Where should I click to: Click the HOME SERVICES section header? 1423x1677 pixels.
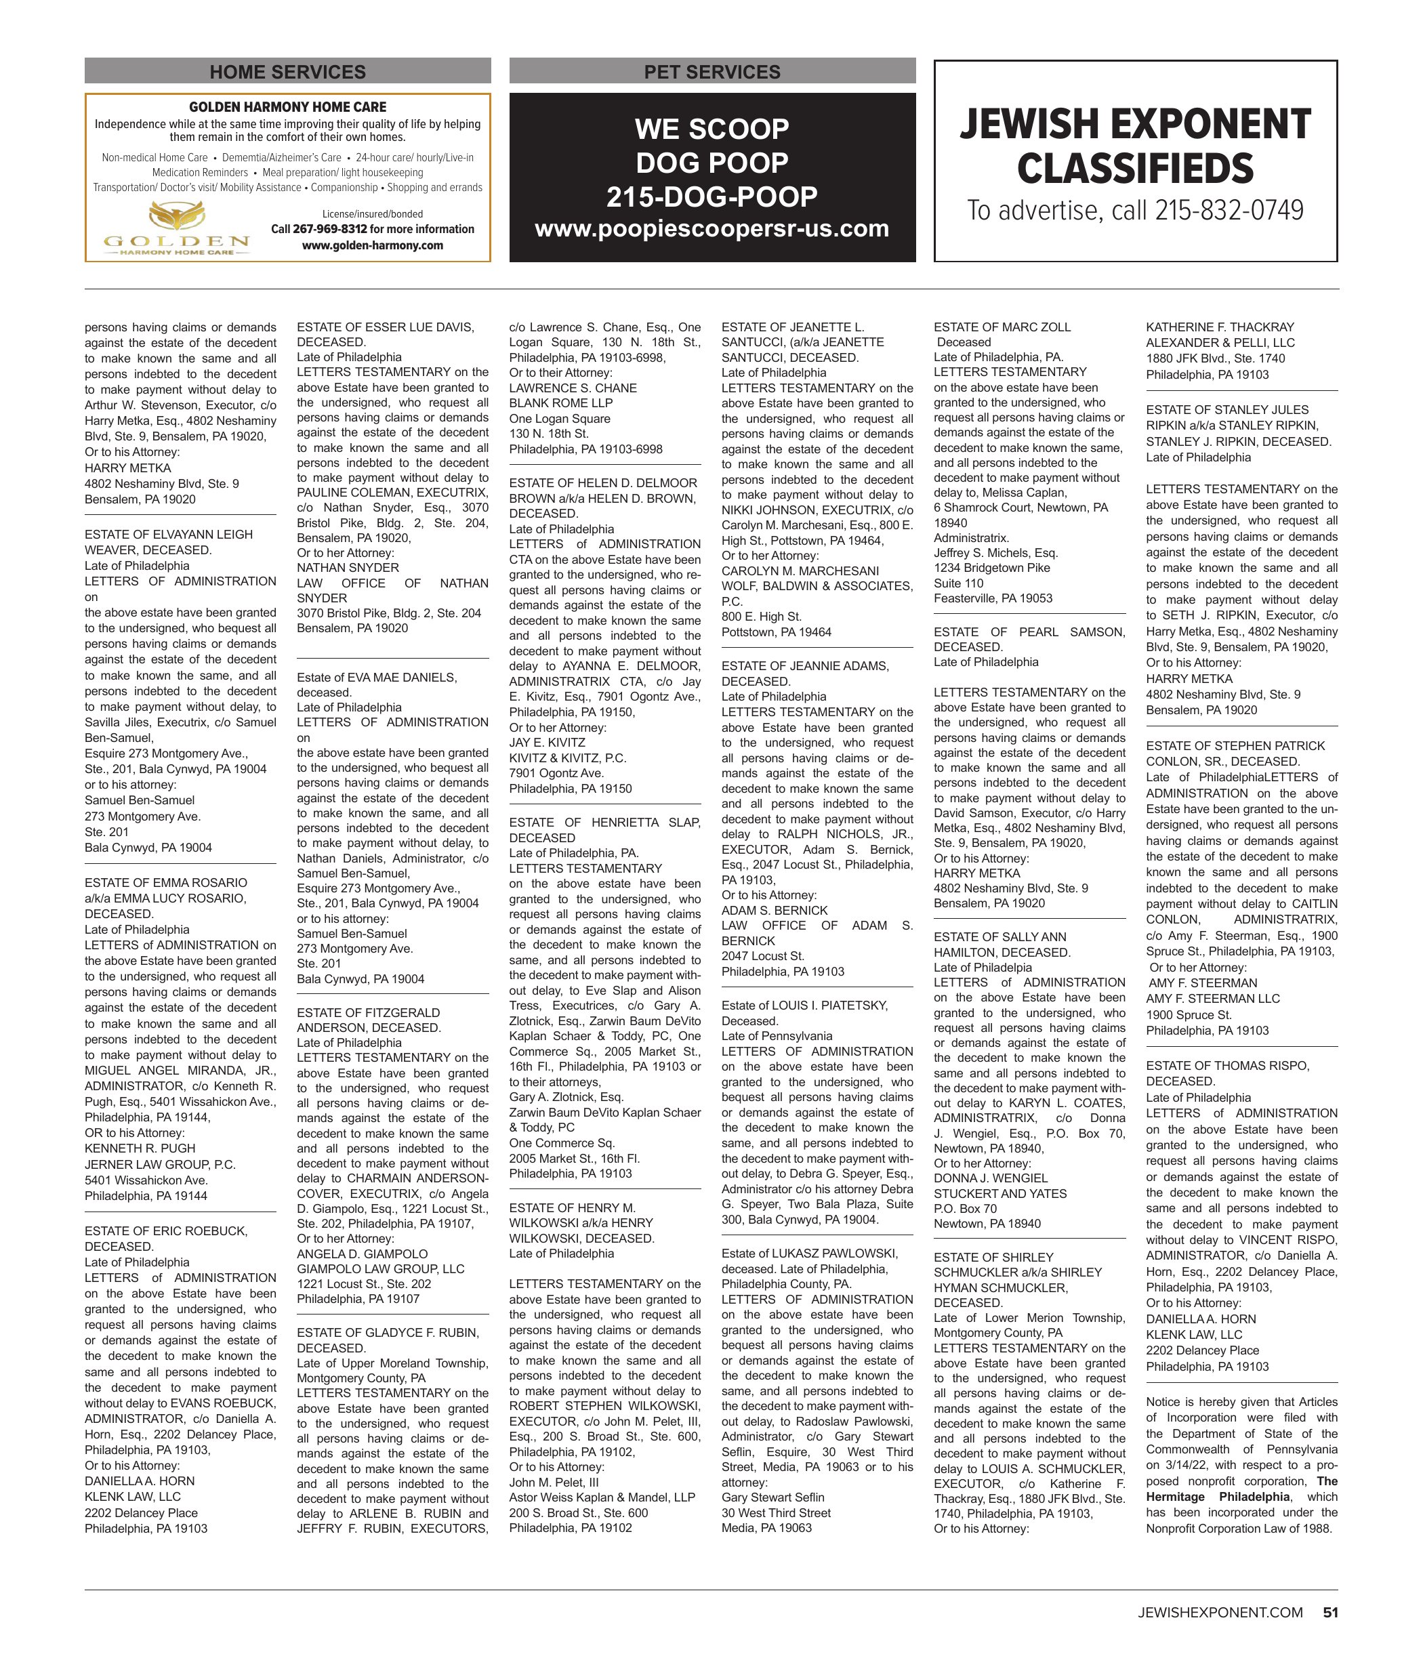[x=287, y=72]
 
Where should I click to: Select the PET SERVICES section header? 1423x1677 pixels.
[x=711, y=72]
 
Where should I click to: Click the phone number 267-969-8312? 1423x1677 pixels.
[x=330, y=229]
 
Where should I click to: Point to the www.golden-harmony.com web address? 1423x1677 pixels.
[x=372, y=245]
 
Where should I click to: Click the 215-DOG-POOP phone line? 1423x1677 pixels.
[x=711, y=196]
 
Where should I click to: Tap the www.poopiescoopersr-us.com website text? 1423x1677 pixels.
[x=711, y=229]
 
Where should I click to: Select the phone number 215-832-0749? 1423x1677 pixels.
[x=1229, y=211]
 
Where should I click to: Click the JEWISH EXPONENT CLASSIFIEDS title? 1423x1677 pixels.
[x=1135, y=146]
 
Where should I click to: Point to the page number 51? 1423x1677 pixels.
[x=1330, y=1613]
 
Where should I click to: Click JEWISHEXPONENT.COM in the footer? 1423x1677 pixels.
[x=1220, y=1613]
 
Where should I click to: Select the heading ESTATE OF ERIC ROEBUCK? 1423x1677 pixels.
[x=166, y=1231]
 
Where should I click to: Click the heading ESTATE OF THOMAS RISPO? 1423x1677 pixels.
[x=1227, y=1066]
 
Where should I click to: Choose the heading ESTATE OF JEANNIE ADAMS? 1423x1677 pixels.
[x=804, y=665]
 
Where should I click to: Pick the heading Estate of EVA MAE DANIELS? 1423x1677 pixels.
[x=377, y=678]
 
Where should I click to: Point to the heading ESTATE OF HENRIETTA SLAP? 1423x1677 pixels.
[x=604, y=822]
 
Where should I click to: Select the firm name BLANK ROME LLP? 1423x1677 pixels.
[x=560, y=402]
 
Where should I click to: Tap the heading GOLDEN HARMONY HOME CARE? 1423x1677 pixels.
[x=287, y=106]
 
